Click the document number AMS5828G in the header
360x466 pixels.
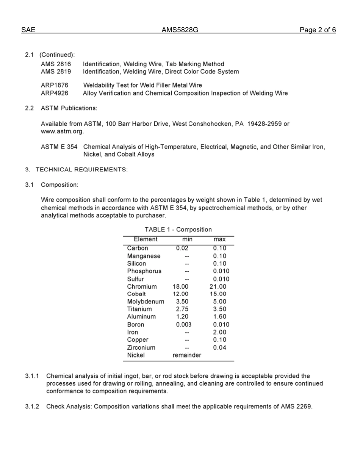(x=180, y=30)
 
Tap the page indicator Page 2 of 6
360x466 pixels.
(x=318, y=30)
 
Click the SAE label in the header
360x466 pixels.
(x=28, y=30)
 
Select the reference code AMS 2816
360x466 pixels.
(x=56, y=64)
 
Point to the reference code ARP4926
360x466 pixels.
(x=55, y=93)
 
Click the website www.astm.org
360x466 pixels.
(x=62, y=131)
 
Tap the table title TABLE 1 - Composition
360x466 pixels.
(x=178, y=230)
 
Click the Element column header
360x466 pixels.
(x=146, y=239)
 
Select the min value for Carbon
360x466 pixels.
(x=182, y=249)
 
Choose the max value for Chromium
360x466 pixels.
(x=218, y=286)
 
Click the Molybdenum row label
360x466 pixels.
(x=146, y=302)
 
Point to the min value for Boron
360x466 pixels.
(x=183, y=325)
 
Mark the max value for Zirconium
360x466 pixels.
(x=219, y=347)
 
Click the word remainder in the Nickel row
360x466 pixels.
(x=187, y=355)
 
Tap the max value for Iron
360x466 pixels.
(x=219, y=332)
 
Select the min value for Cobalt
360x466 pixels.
(x=180, y=294)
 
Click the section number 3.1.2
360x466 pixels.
(x=32, y=407)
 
